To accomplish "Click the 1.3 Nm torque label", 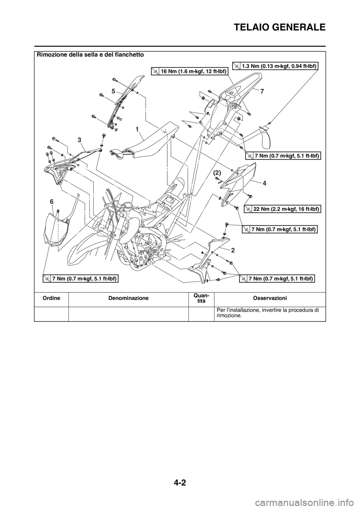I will (x=275, y=66).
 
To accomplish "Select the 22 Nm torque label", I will (x=283, y=209).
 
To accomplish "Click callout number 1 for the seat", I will (x=138, y=129).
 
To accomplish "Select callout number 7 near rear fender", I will (x=262, y=91).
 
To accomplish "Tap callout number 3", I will (x=79, y=139).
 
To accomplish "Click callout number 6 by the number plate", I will (x=52, y=202).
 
